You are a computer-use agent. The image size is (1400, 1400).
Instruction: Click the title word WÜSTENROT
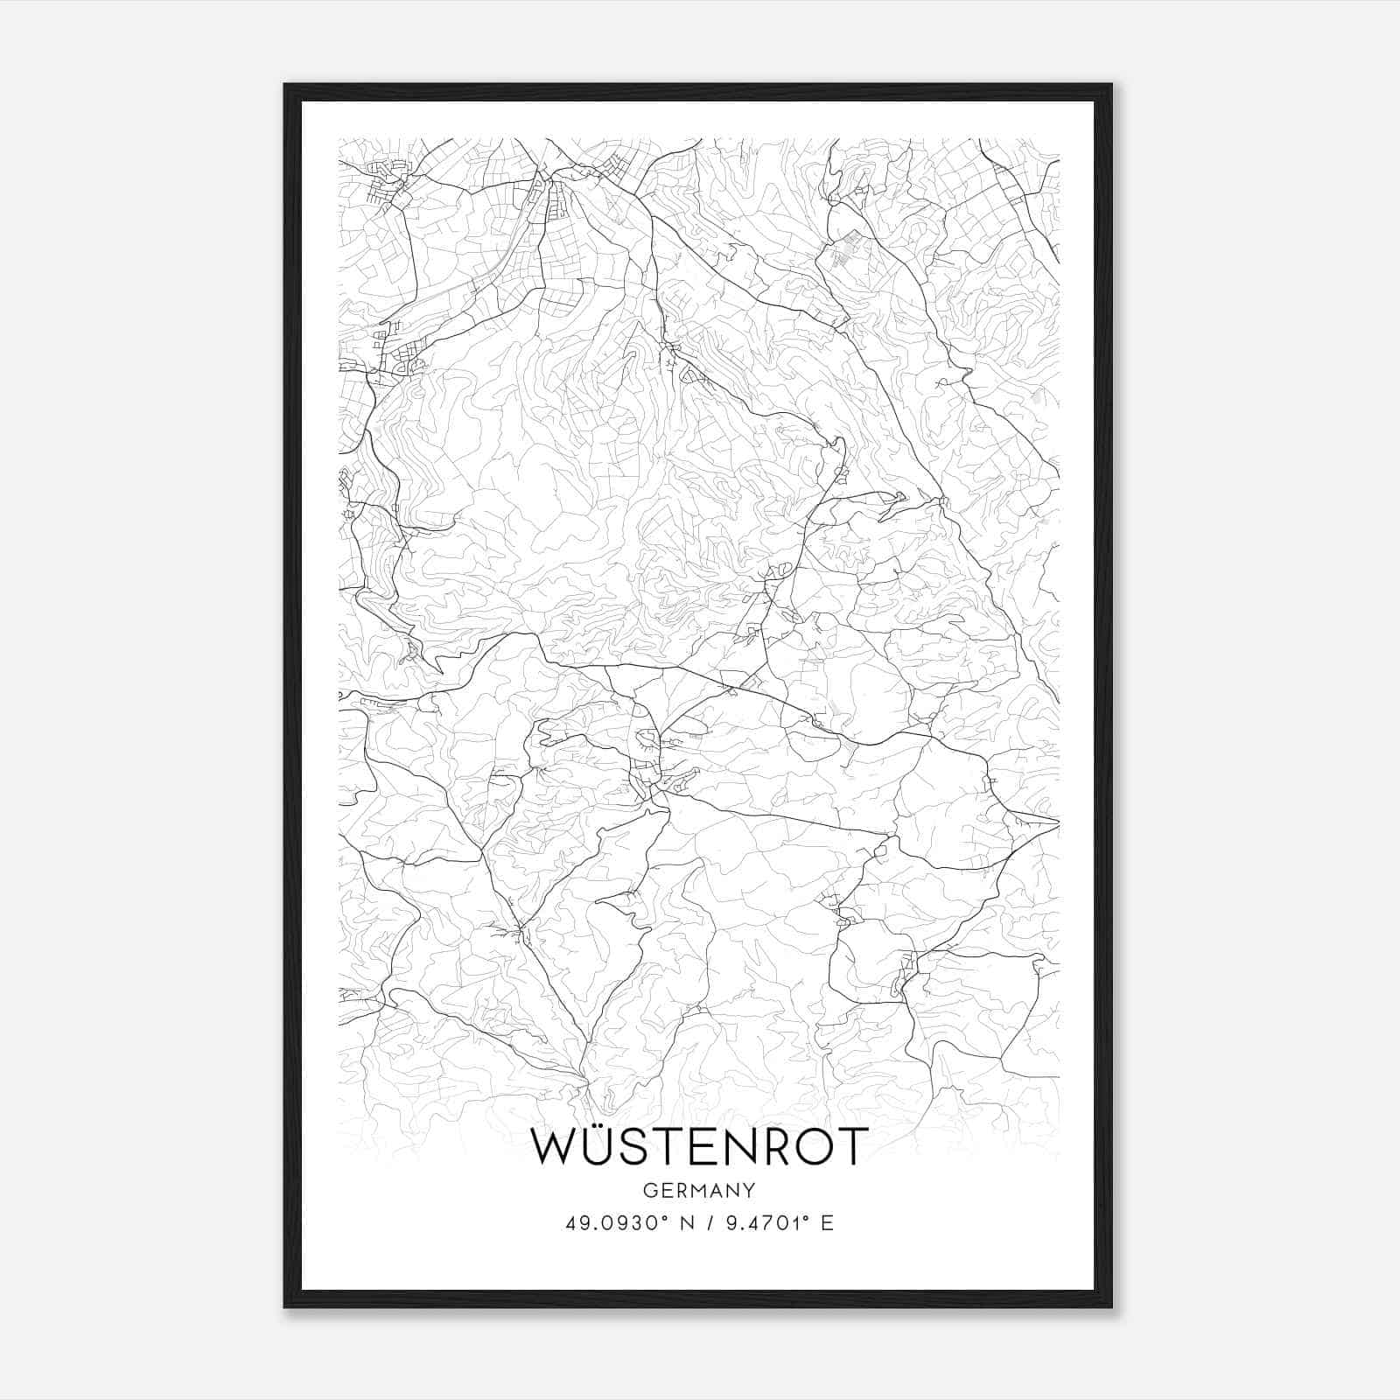click(699, 1147)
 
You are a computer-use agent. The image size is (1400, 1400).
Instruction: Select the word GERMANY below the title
click(698, 1190)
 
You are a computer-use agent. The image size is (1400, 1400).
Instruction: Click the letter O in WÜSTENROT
click(815, 1147)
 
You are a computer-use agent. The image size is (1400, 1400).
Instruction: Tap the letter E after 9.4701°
click(827, 1223)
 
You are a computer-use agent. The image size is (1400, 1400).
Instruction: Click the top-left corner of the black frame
click(285, 85)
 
